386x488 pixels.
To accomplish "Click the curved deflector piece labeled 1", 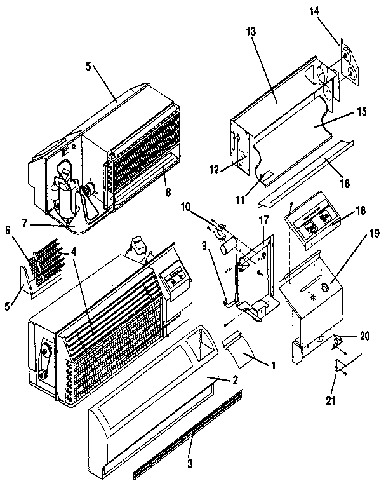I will click(x=236, y=351).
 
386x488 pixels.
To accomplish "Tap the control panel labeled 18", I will click(x=310, y=222).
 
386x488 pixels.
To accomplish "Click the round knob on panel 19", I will click(x=324, y=288).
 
